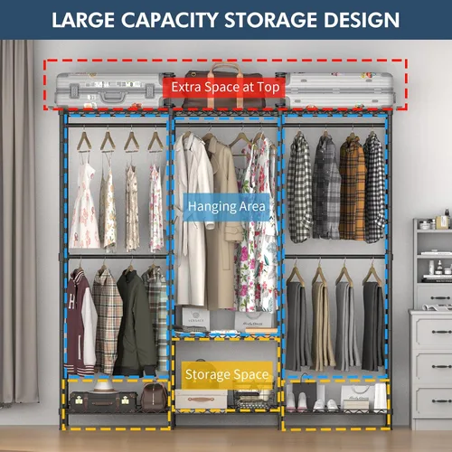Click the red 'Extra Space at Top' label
point(224,88)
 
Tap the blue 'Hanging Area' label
point(227,207)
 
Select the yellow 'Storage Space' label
point(227,375)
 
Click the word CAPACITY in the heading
point(170,20)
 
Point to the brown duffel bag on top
point(224,88)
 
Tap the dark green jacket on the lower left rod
point(135,324)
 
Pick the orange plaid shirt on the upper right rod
point(352,189)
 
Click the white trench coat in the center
point(193,219)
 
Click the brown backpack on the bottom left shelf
point(154,397)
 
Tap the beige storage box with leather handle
point(202,399)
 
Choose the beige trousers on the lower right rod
point(322,325)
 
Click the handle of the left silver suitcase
point(113,97)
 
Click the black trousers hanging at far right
point(373,326)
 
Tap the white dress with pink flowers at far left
point(84,206)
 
